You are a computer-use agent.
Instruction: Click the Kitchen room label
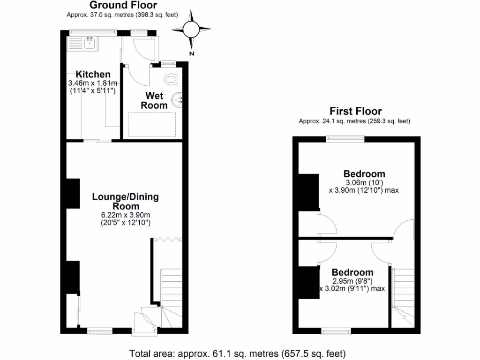tap(93, 75)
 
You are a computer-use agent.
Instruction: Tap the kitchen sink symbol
tap(82, 44)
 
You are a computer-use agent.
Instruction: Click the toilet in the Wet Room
tap(172, 78)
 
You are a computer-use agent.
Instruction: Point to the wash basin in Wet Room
tap(177, 99)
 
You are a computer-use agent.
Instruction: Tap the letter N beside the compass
tap(191, 53)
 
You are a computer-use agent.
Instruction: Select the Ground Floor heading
tap(123, 5)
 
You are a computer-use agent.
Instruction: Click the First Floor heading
tap(355, 111)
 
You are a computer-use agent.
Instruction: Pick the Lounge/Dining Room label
tap(125, 202)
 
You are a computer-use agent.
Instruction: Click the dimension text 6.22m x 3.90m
tap(125, 215)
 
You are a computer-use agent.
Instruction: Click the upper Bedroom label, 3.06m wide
tap(365, 174)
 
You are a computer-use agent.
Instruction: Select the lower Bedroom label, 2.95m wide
tap(352, 272)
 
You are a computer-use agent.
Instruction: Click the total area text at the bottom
tap(238, 352)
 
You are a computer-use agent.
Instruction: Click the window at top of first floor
tap(345, 138)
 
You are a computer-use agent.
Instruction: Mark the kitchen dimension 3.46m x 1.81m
tap(93, 83)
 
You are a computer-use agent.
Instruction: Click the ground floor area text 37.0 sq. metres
tap(123, 15)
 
